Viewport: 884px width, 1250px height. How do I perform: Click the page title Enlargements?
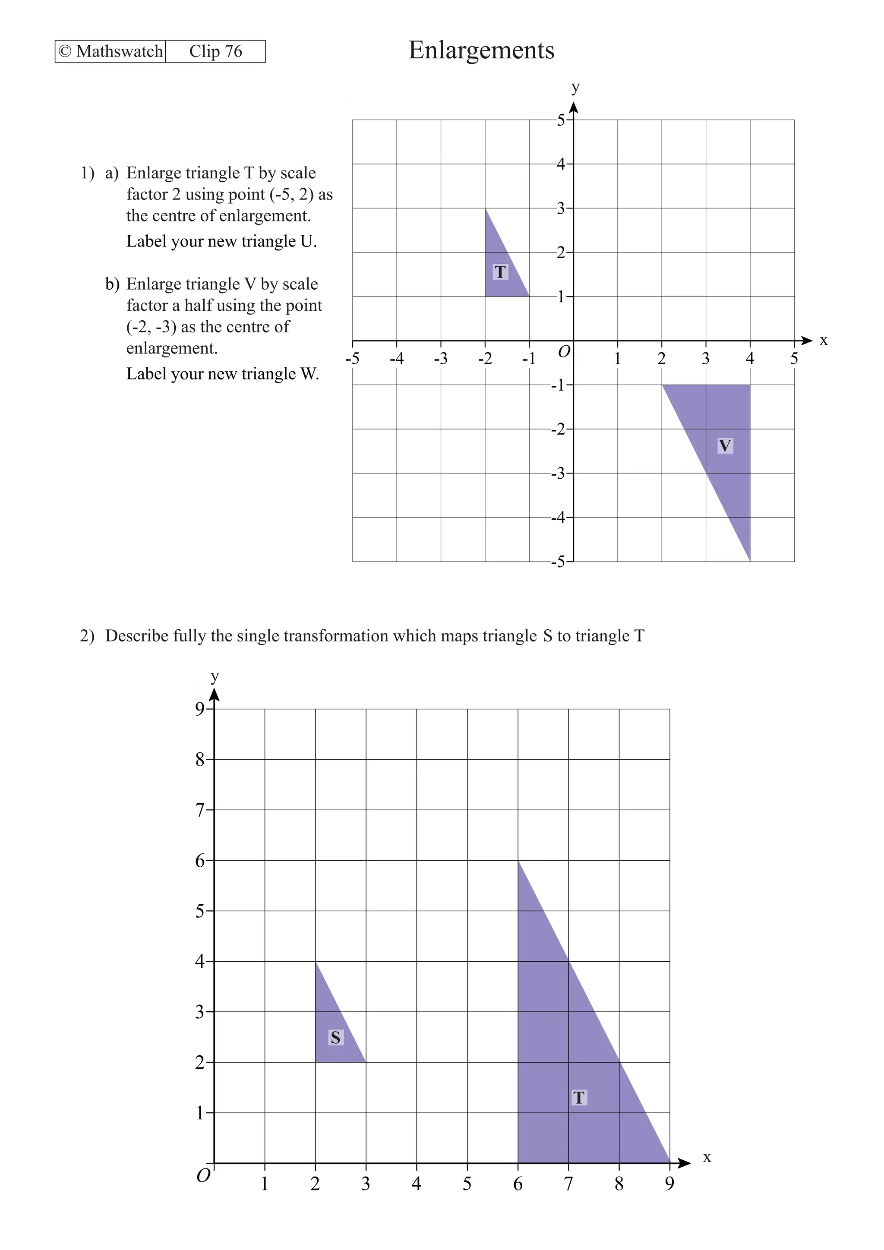pos(481,50)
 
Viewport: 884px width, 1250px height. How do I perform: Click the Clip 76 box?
pos(215,51)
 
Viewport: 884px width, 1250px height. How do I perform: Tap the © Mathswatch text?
pos(110,51)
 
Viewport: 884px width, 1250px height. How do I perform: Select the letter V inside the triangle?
pos(725,446)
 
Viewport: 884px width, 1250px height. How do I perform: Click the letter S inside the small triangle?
pos(335,1038)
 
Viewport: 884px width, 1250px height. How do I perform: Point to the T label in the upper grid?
pos(500,271)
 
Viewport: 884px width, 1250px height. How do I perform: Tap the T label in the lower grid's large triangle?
pos(579,1098)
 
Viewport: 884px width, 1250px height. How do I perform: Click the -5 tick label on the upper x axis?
pos(352,359)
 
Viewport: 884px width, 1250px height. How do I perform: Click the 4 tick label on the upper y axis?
pos(561,164)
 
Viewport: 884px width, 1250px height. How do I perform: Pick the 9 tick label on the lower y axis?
pos(200,708)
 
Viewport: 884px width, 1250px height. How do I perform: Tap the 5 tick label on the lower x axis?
pos(467,1184)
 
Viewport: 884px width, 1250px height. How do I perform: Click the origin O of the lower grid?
pos(203,1176)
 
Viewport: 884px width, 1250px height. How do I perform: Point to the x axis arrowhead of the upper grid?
pos(807,341)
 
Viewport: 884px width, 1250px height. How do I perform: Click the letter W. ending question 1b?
pos(309,374)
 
